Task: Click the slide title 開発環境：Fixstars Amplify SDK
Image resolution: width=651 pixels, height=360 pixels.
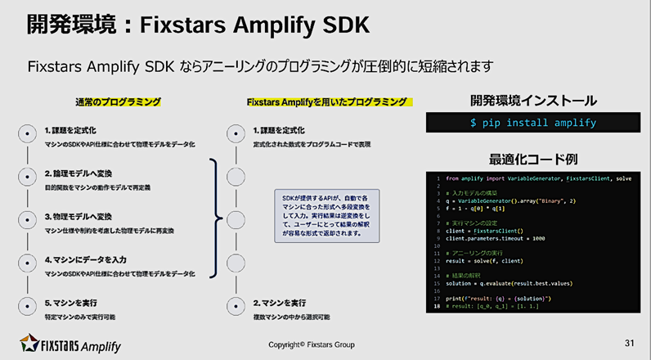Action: click(196, 25)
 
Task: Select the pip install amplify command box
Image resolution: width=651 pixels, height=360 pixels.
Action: click(532, 124)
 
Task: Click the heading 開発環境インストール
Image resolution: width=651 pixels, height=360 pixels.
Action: click(532, 101)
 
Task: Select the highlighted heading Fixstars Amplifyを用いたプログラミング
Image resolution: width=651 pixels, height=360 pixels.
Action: click(326, 102)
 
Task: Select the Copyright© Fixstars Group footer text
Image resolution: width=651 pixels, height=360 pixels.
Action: click(312, 344)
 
